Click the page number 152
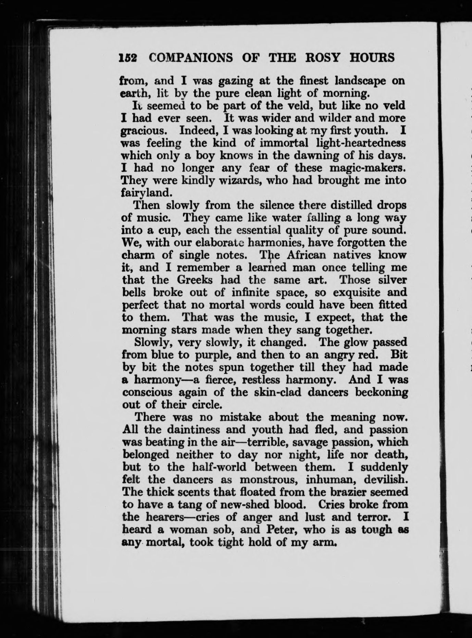(x=128, y=58)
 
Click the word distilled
(x=354, y=205)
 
